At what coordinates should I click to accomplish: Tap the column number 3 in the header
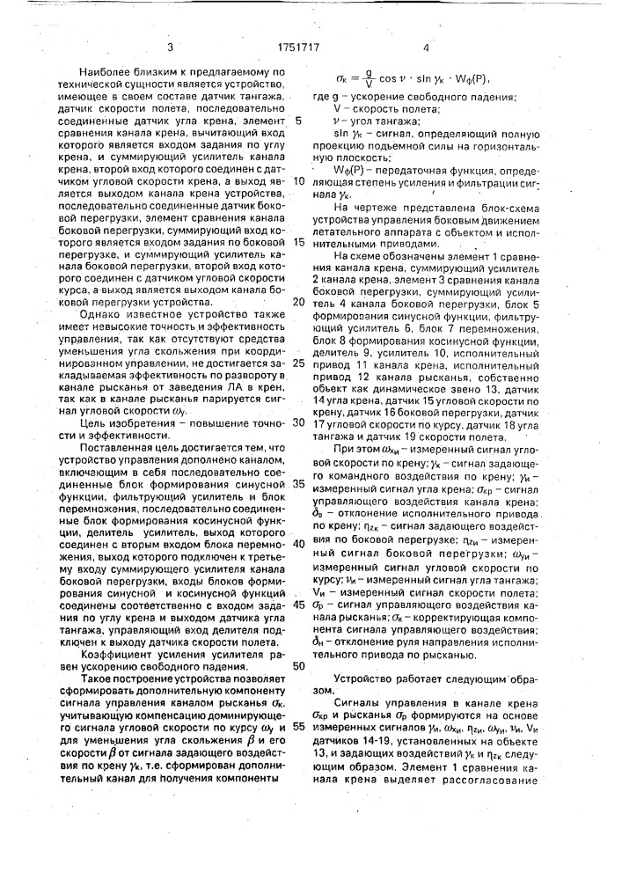(169, 50)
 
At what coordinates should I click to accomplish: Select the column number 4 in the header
(426, 50)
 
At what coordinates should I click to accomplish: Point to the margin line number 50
(297, 665)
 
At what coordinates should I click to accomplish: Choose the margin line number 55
(297, 726)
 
